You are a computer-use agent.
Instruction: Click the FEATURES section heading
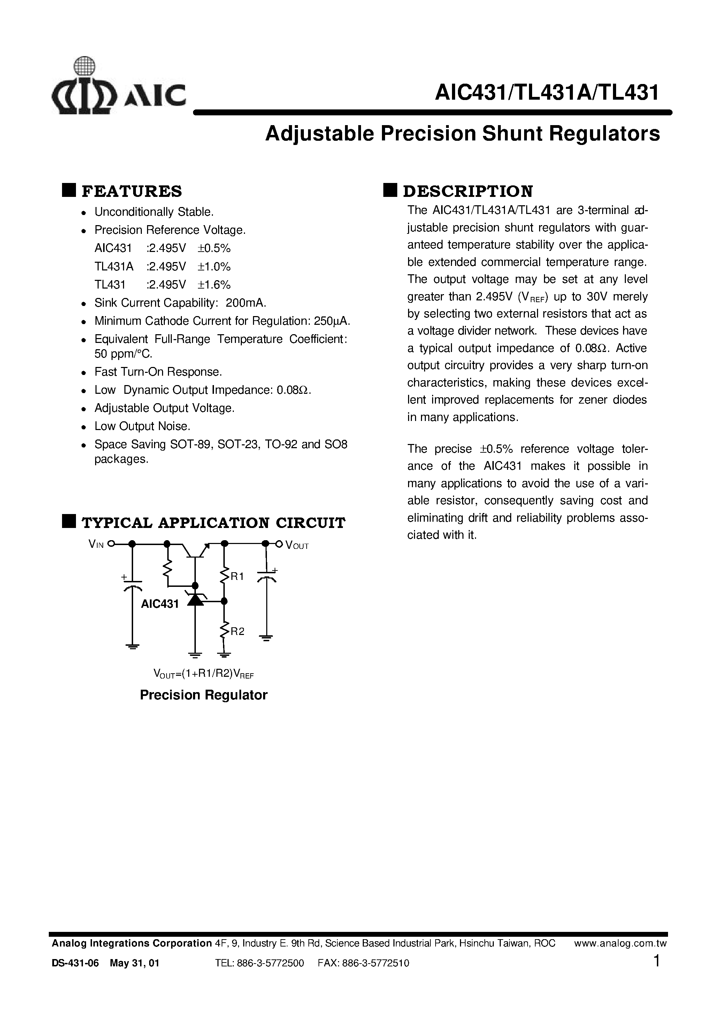(132, 191)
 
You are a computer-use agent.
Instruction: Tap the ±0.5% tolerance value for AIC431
(214, 248)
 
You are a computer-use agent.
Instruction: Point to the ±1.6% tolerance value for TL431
(214, 285)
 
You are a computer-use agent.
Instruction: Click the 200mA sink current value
(246, 303)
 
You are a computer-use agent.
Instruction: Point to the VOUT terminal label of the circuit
(297, 545)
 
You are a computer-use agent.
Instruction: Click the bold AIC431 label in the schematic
(160, 604)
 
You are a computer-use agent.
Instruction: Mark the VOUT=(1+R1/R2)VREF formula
(203, 674)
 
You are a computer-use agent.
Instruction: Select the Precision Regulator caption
(203, 695)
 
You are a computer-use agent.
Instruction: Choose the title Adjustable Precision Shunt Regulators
(462, 134)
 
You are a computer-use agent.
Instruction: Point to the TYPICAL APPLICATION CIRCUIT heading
(213, 523)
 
